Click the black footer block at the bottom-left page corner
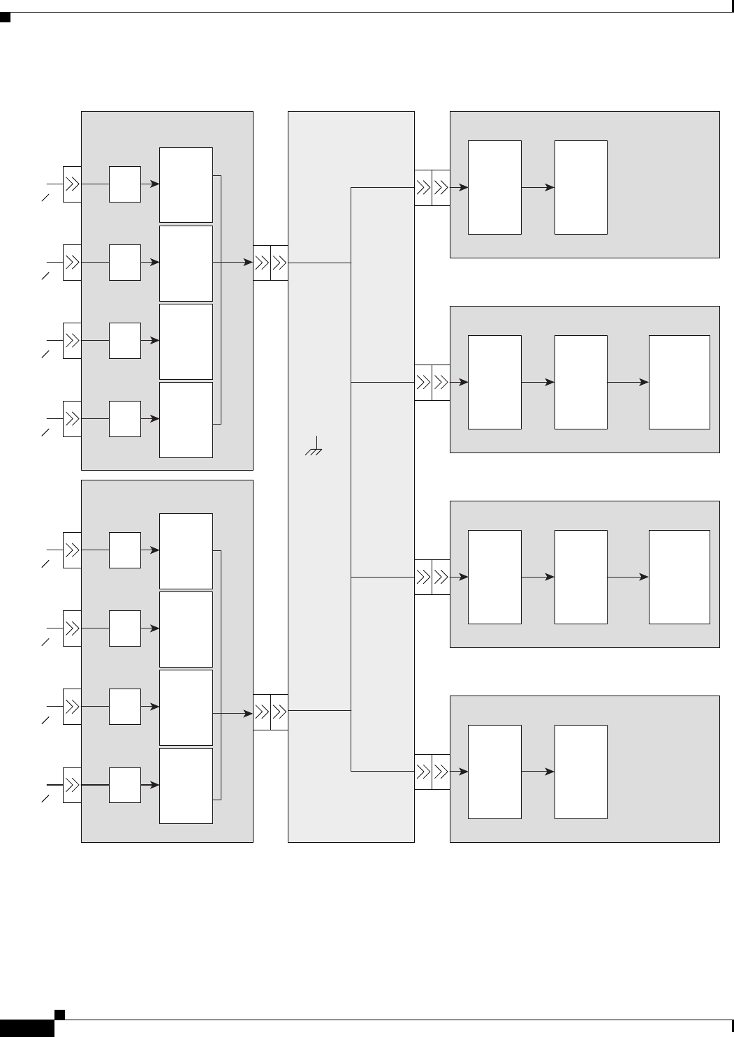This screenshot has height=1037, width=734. tap(27, 1028)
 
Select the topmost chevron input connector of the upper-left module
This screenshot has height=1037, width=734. tap(72, 184)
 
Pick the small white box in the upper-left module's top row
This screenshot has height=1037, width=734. tap(125, 184)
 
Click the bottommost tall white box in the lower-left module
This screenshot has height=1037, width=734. tap(186, 786)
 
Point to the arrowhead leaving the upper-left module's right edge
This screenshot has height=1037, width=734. tap(248, 263)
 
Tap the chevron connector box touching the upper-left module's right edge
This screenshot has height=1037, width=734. tap(262, 263)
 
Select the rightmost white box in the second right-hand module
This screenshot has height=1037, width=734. tap(679, 382)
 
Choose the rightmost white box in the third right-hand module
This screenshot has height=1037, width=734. tap(679, 577)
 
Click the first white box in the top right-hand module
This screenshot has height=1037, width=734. tap(494, 187)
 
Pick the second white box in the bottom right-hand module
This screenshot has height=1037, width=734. tap(580, 772)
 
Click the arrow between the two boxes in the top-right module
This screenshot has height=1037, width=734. tap(538, 187)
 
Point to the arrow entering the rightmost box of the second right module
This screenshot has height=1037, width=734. tap(628, 382)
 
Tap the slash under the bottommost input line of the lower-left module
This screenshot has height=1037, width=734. tap(45, 799)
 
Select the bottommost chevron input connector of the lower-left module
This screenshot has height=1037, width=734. tap(72, 785)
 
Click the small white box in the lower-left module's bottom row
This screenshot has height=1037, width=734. tap(125, 785)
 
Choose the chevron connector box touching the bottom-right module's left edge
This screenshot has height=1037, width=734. tap(441, 772)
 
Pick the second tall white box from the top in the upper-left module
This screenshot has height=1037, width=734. tap(186, 263)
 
